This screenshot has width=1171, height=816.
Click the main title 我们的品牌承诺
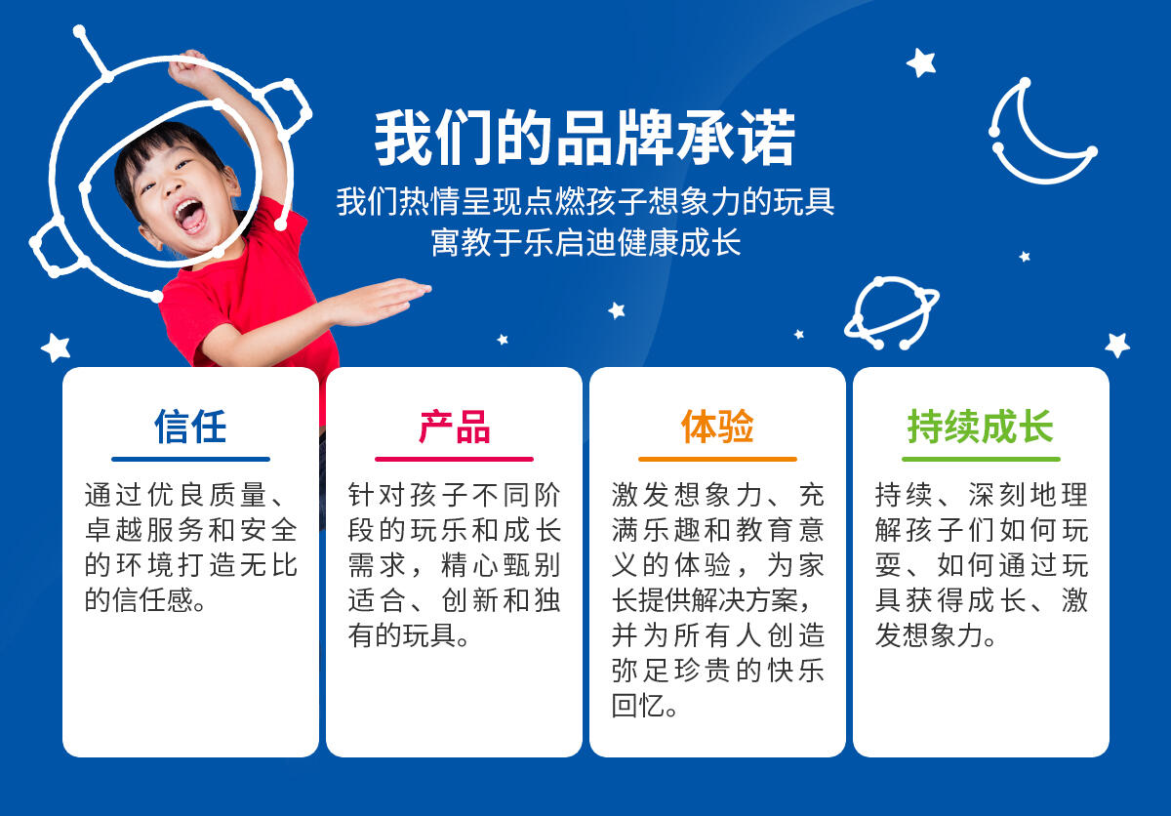click(585, 138)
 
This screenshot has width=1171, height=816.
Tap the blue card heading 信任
click(190, 427)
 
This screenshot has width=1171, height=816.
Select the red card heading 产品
click(454, 427)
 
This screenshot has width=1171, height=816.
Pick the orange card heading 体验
click(717, 427)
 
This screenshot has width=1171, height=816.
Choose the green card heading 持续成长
click(981, 427)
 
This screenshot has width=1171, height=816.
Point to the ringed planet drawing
click(892, 312)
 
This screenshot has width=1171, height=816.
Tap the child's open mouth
click(189, 216)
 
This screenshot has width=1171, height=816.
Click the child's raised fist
click(187, 65)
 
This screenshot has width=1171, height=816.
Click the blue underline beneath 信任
click(190, 459)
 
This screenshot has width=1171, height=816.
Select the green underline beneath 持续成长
click(981, 459)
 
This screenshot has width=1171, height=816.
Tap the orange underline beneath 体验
click(717, 459)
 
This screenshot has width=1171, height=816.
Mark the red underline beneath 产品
click(454, 459)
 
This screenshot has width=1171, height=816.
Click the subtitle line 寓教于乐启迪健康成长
click(585, 242)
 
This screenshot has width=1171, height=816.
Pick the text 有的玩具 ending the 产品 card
click(402, 635)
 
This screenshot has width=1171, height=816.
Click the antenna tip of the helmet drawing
click(79, 32)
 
